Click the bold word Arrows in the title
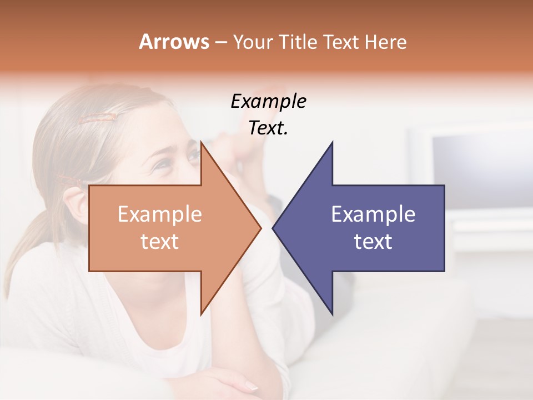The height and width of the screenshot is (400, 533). (174, 42)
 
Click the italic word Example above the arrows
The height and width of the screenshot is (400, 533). (268, 102)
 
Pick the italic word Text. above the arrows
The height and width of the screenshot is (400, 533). (268, 128)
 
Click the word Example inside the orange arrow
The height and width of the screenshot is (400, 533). (159, 214)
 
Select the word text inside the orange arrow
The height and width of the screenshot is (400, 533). (159, 242)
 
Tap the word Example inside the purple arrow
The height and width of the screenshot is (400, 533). (373, 214)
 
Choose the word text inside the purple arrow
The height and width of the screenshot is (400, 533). (373, 242)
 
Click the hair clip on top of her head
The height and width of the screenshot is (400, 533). (97, 117)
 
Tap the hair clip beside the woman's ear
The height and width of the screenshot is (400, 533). (69, 180)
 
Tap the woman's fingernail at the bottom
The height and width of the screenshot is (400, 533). (251, 386)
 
